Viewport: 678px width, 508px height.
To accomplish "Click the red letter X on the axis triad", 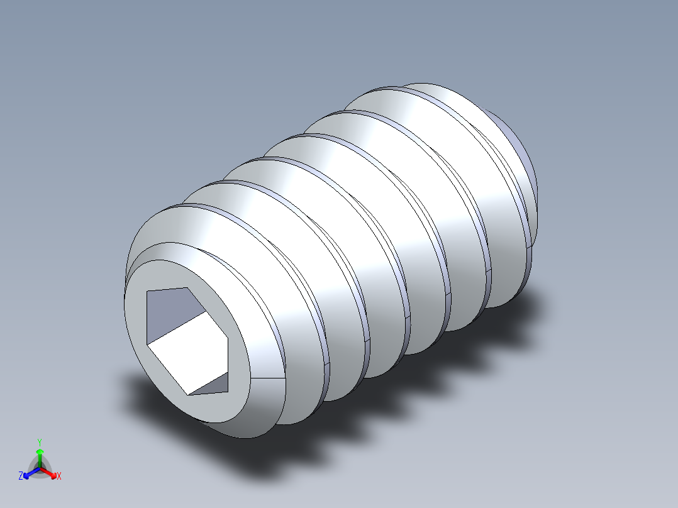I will [x=58, y=476].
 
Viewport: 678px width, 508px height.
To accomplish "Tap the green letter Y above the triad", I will [x=39, y=441].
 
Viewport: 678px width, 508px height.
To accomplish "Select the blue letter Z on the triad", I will [x=21, y=476].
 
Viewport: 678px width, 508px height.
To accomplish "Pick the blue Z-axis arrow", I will [x=29, y=473].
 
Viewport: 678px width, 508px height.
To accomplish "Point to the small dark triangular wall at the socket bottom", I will [x=211, y=385].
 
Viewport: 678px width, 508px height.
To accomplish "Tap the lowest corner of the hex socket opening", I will [x=187, y=394].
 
